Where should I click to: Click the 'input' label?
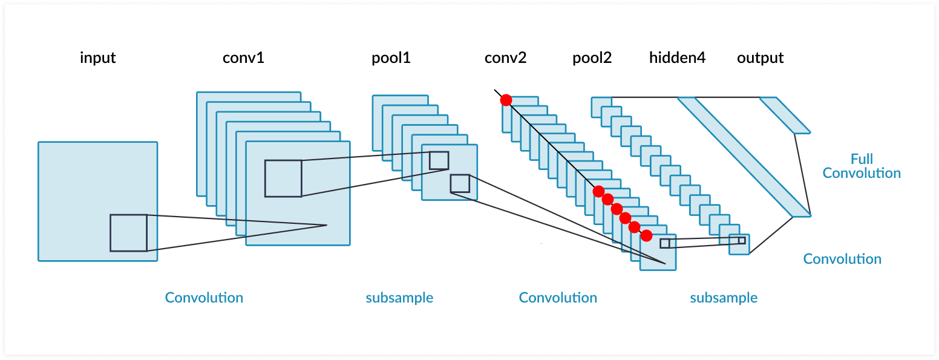click(x=97, y=58)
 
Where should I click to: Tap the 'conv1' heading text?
click(x=243, y=58)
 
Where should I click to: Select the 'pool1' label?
click(x=391, y=58)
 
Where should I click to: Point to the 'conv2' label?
click(x=505, y=58)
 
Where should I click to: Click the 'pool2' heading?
click(x=592, y=58)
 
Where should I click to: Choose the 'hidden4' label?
click(x=677, y=58)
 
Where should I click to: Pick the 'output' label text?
click(x=760, y=58)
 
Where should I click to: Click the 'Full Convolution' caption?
click(x=862, y=166)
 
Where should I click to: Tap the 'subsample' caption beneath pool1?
click(x=399, y=298)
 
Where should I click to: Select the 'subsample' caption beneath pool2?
click(x=724, y=298)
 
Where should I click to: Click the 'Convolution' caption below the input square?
click(x=204, y=298)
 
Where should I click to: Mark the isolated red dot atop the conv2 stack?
click(x=506, y=100)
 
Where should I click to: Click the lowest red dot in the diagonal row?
click(x=646, y=235)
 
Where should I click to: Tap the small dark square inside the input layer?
click(x=128, y=233)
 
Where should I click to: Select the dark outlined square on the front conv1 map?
click(x=283, y=178)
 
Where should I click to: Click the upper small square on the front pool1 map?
click(x=439, y=160)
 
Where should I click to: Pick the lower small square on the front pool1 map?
click(x=460, y=183)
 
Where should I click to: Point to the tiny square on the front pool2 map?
click(x=742, y=240)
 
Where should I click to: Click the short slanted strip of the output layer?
click(x=785, y=115)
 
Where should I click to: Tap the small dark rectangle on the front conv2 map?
click(x=665, y=243)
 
